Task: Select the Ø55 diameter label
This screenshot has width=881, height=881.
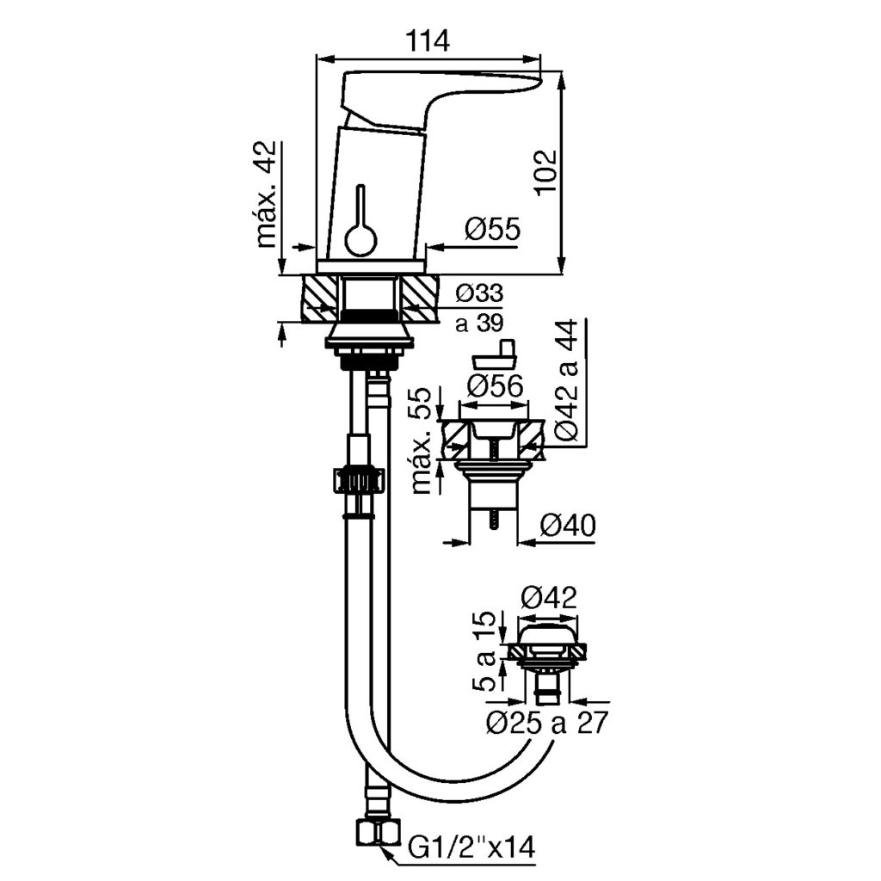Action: [492, 229]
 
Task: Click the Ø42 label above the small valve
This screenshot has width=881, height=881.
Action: [549, 596]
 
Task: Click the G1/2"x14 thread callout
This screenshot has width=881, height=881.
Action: [471, 849]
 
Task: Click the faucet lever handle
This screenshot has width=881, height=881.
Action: [439, 95]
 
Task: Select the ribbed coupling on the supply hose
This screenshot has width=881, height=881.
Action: [354, 479]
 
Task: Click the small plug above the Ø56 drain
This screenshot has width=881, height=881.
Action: [499, 353]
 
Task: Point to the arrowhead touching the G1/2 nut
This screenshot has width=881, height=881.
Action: [388, 853]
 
